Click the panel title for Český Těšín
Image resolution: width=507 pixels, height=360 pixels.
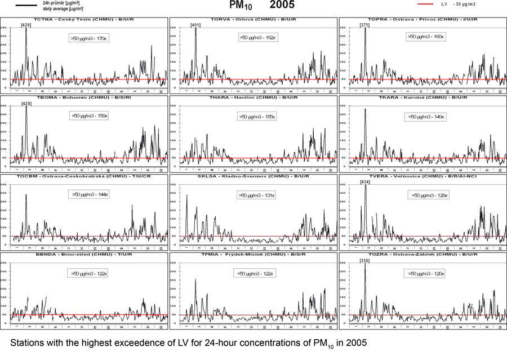[x=84, y=19]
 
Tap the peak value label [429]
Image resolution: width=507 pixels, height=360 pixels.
[x=26, y=25]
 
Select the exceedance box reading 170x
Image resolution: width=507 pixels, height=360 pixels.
[x=90, y=37]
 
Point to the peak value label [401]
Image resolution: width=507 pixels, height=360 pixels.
[x=195, y=25]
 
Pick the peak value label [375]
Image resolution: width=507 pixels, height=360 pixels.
[x=364, y=25]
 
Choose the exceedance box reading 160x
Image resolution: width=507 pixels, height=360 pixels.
[x=426, y=37]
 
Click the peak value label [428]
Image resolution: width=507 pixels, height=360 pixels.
[x=26, y=104]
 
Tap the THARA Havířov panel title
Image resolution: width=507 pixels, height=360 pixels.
[x=253, y=97]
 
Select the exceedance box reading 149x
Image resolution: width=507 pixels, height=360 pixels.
[x=426, y=117]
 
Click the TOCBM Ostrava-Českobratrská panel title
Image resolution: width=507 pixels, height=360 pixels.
[x=84, y=176]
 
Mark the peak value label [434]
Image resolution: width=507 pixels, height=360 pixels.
[x=364, y=182]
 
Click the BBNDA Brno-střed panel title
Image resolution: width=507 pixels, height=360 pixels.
[x=84, y=255]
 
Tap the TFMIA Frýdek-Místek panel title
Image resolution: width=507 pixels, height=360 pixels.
[x=253, y=255]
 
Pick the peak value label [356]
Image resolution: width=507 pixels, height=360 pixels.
[x=364, y=261]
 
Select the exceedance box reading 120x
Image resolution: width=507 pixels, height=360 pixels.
[x=426, y=274]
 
